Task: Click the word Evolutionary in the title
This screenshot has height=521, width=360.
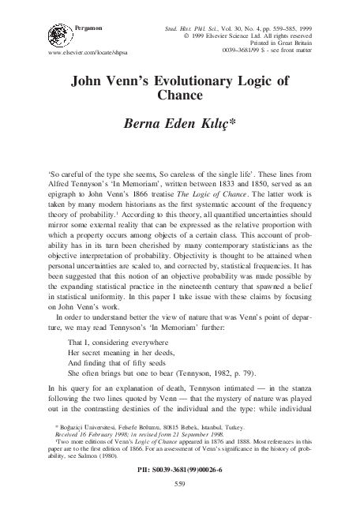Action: (x=203, y=81)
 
